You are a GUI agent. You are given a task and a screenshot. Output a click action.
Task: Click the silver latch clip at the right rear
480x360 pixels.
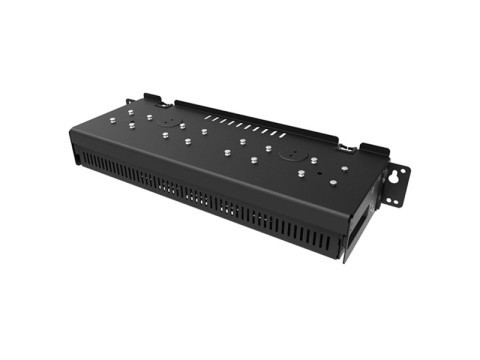346,147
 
